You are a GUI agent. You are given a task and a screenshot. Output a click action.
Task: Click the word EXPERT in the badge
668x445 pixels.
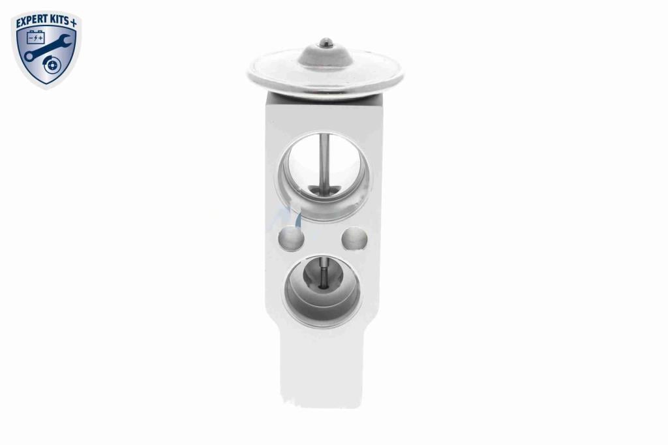tap(31, 23)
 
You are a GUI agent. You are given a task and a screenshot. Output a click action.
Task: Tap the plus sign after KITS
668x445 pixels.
tap(73, 23)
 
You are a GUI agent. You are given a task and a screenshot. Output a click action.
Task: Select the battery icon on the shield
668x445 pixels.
tap(36, 37)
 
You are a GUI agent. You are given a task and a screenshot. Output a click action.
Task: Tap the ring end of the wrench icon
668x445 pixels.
tap(29, 56)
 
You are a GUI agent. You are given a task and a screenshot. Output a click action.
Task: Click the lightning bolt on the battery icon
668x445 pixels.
tap(37, 38)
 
